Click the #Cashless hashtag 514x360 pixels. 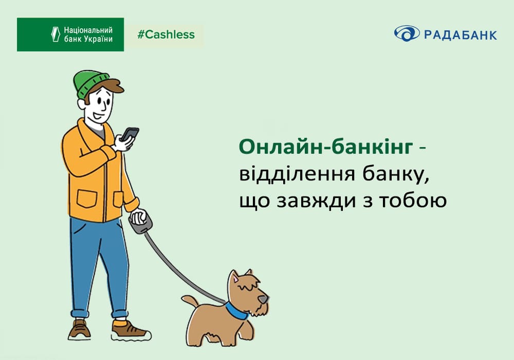[166, 35]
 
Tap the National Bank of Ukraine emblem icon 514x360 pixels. [56, 34]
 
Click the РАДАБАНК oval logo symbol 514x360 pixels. [407, 33]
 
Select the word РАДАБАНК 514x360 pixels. [461, 35]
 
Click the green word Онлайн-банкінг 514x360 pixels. [326, 147]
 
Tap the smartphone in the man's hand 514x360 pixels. [130, 134]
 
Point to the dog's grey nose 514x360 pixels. [263, 299]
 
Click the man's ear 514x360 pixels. [82, 104]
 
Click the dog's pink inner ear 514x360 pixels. [235, 279]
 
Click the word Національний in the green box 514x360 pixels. [88, 30]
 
